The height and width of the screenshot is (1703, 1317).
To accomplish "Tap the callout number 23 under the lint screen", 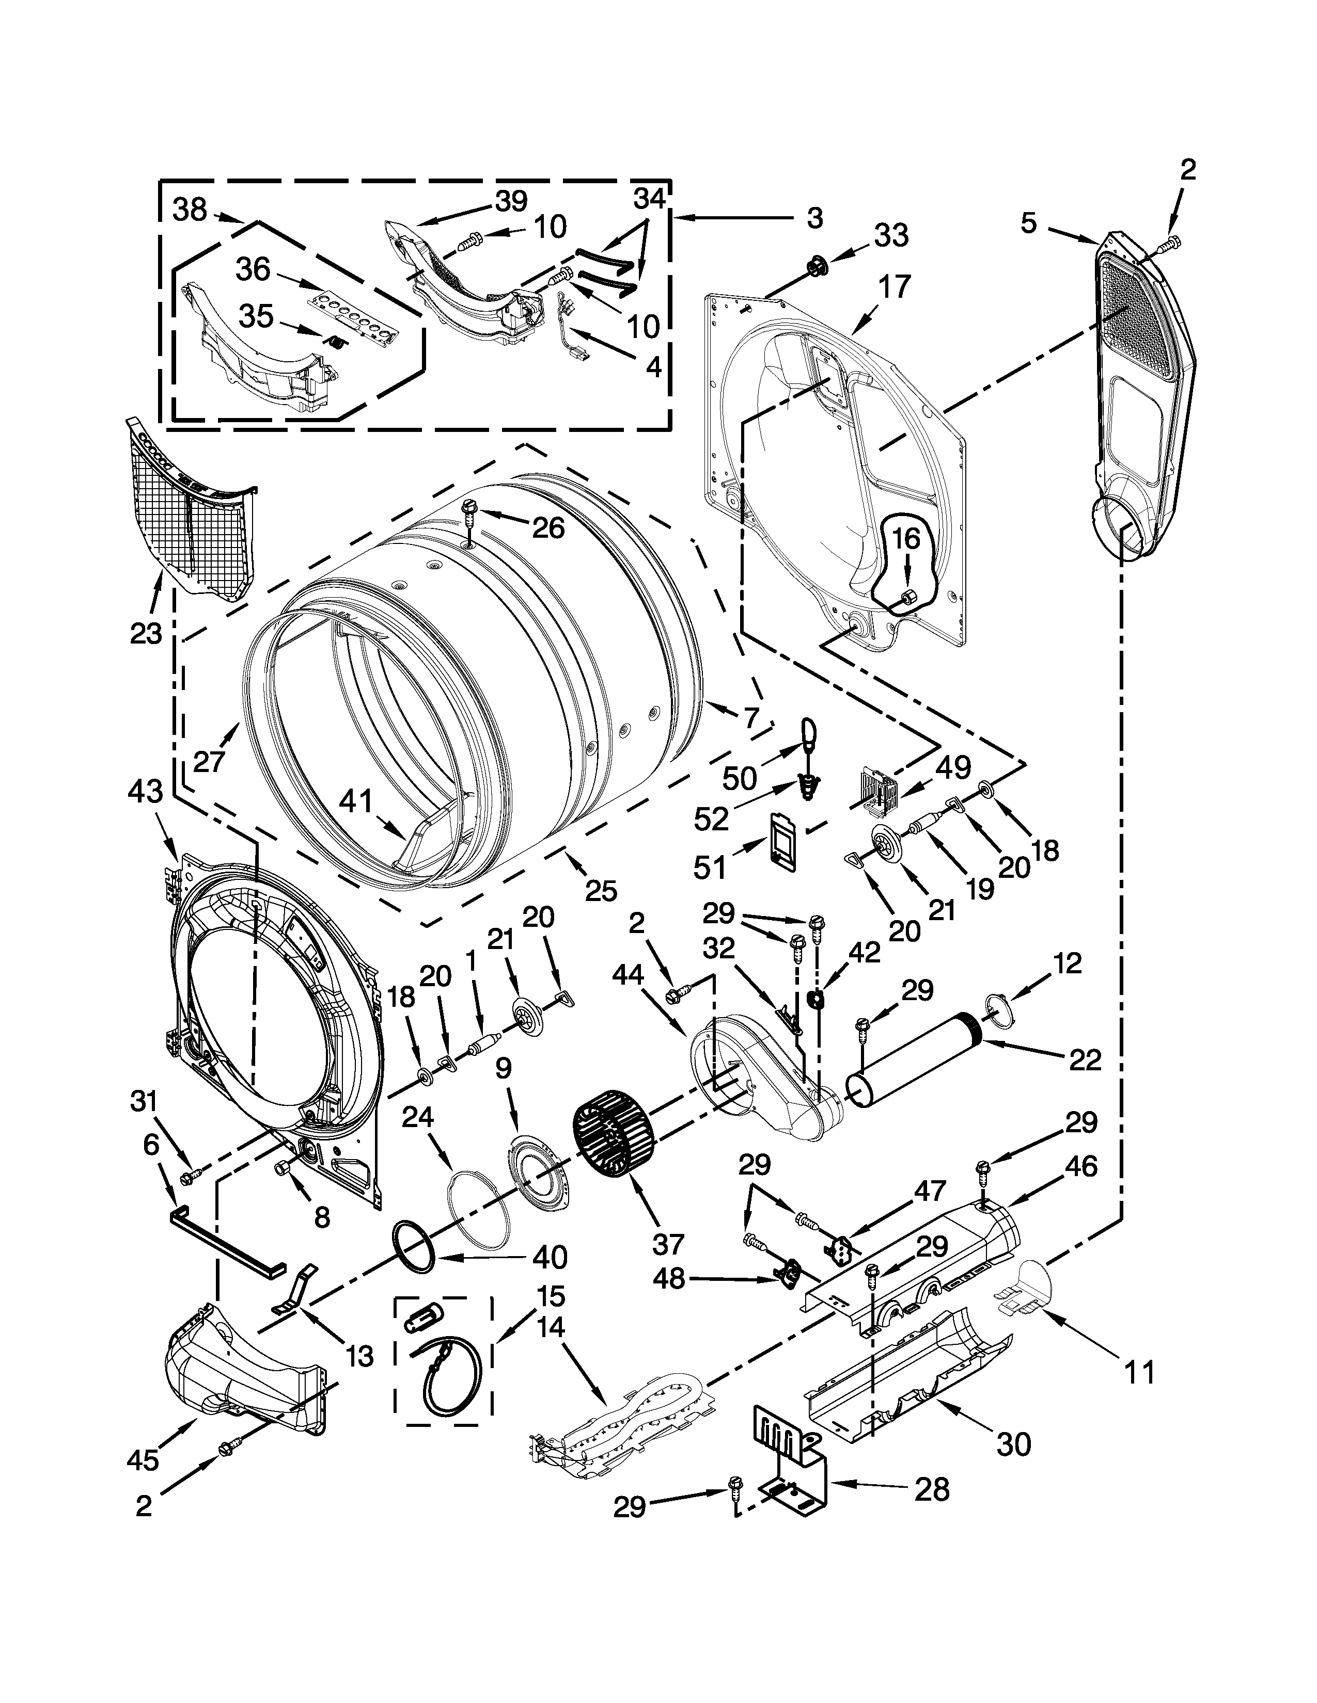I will click(x=146, y=633).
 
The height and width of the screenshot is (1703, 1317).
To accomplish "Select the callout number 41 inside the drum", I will click(x=356, y=802).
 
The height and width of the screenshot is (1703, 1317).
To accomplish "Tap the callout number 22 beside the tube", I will click(x=1085, y=1059).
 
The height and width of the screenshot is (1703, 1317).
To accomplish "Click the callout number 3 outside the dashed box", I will click(x=814, y=218).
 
